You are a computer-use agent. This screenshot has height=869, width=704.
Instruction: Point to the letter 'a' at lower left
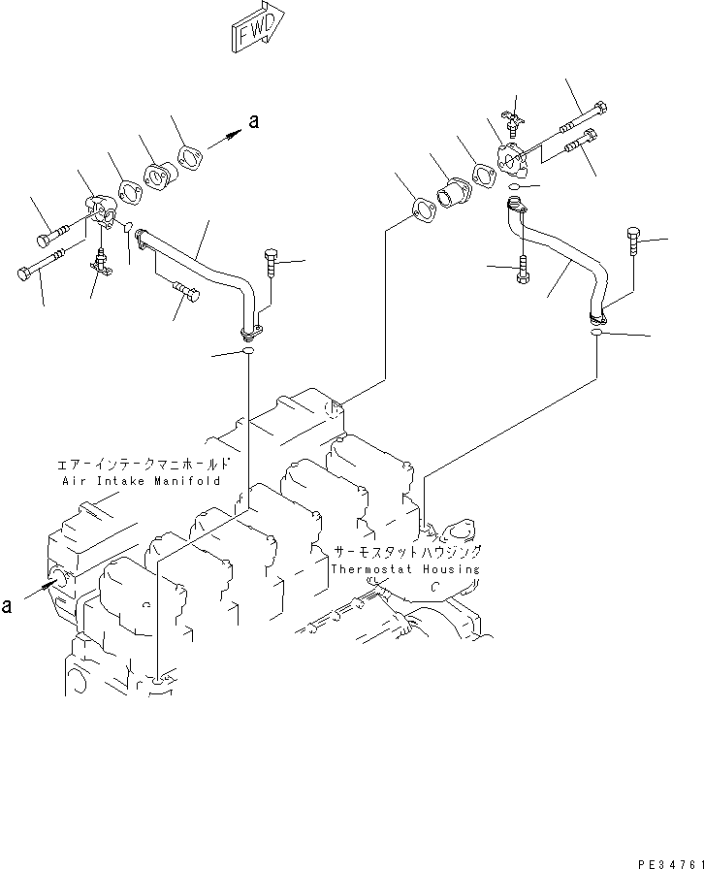9,605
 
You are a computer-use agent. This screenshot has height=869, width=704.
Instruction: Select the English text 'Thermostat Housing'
404,569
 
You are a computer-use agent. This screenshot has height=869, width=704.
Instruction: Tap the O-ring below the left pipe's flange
248,351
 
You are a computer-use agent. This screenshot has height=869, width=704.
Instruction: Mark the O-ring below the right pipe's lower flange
597,333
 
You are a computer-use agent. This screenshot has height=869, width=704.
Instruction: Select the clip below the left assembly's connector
101,261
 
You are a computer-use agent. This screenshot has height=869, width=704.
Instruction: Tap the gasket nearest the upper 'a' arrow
191,158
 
